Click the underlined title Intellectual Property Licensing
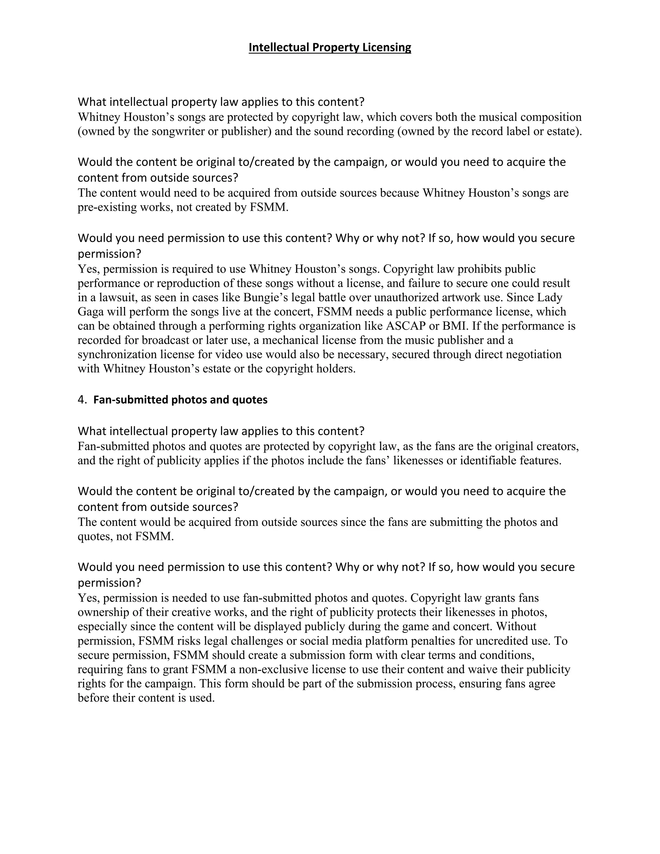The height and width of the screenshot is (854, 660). click(x=330, y=47)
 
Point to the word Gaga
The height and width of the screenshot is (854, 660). click(x=89, y=312)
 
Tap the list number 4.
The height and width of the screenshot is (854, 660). click(x=82, y=400)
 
